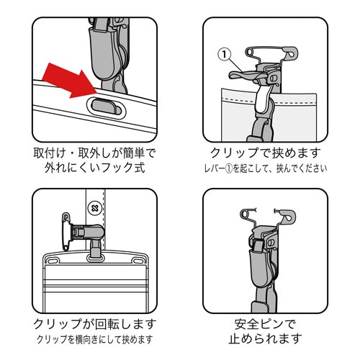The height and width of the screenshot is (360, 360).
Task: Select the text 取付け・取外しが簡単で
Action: click(94, 154)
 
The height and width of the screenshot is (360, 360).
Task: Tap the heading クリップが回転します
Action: click(94, 323)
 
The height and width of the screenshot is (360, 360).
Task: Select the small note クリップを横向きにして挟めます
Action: click(94, 339)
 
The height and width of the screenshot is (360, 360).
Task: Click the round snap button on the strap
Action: click(94, 207)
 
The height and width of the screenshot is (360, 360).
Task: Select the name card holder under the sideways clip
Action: click(94, 281)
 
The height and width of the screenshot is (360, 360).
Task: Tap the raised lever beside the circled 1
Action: click(248, 74)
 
